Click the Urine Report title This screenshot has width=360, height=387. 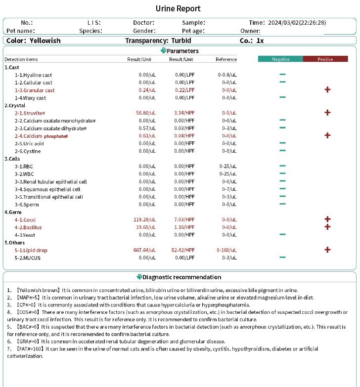pos(178,8)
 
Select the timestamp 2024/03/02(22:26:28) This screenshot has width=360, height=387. pos(297,23)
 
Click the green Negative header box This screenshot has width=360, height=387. pos(280,59)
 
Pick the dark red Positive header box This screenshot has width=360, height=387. pos(325,59)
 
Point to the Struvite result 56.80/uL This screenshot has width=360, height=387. pos(146,113)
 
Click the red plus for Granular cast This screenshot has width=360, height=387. pos(327,89)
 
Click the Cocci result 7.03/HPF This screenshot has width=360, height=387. pos(184,219)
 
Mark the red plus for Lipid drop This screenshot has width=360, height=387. pos(327,250)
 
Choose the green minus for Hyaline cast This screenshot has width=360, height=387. pos(282,75)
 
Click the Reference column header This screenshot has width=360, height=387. pos(226,59)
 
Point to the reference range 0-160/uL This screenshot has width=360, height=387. pos(227,250)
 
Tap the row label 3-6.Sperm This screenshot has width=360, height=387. pos(27,204)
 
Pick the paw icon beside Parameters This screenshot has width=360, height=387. pos(163,50)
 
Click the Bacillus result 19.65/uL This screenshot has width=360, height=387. pos(146,227)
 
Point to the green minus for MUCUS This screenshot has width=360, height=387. pos(282,257)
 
